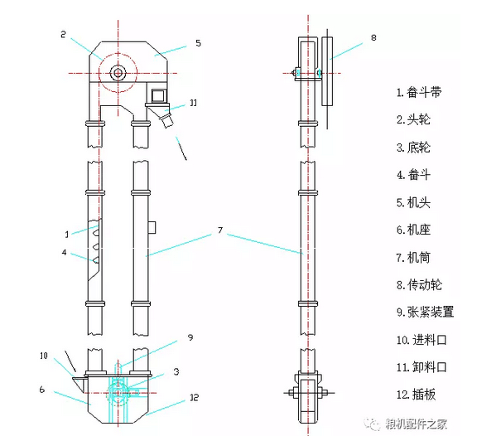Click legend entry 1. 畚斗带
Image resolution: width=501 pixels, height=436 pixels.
pos(422,92)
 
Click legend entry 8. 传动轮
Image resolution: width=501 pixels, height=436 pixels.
pos(422,284)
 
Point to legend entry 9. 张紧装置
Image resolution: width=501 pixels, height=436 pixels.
pos(427,312)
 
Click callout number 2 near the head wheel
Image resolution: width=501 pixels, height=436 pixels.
pos(63,34)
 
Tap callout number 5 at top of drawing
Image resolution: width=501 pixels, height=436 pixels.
pos(197,42)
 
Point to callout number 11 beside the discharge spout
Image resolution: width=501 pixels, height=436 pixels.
pos(192,103)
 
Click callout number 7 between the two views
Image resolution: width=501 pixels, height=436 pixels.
pos(219,230)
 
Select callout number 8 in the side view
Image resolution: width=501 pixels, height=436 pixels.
pos(373,37)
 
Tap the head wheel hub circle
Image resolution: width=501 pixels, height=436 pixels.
pos(118,72)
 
